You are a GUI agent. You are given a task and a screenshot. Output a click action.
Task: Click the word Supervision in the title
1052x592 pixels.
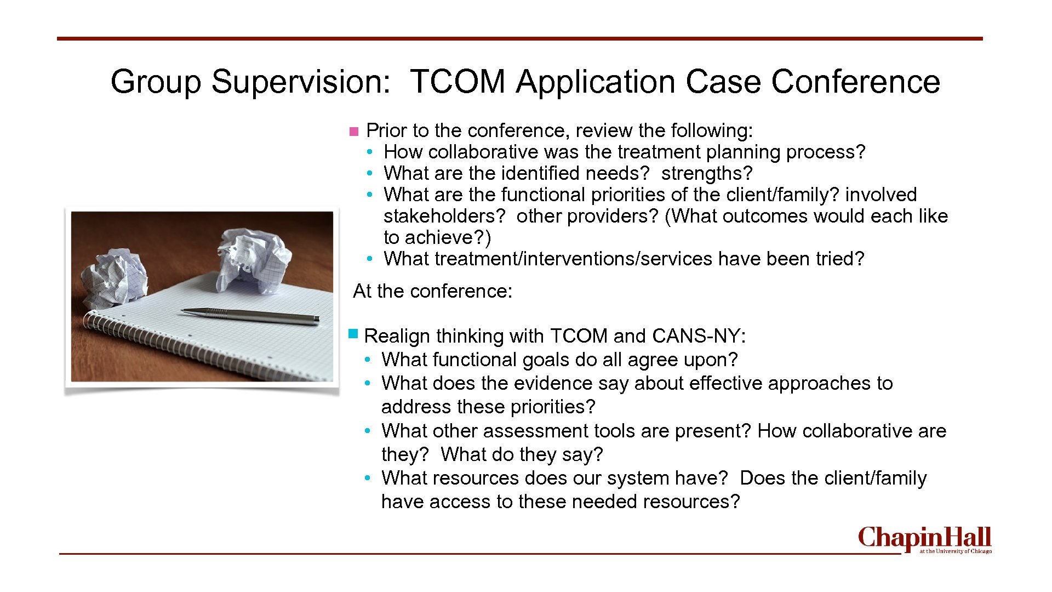[301, 82]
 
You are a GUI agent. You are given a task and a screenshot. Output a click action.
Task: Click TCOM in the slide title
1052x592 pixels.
[457, 82]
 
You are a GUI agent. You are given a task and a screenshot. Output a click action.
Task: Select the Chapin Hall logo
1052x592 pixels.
[924, 540]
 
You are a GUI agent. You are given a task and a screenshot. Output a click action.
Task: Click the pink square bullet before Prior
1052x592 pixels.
[353, 132]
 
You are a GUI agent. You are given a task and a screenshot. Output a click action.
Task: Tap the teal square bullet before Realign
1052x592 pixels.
[353, 333]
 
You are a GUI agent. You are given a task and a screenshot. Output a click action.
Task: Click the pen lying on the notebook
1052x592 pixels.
[250, 315]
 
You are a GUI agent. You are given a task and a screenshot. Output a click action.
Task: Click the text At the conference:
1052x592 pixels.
[432, 291]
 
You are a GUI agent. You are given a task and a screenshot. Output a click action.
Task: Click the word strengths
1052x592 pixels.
[706, 173]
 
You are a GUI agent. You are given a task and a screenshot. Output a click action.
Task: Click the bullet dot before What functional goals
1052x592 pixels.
[368, 360]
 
